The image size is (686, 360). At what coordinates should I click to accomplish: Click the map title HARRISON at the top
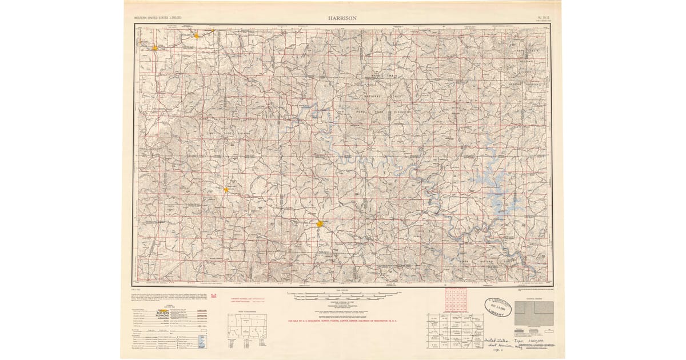[x=342, y=18]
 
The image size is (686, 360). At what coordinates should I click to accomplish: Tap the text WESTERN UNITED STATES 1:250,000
[x=158, y=18]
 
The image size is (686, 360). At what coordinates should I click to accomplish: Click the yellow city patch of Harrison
[x=320, y=224]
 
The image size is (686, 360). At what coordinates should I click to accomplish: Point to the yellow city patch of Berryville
[x=226, y=189]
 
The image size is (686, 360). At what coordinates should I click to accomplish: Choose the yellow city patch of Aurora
[x=196, y=35]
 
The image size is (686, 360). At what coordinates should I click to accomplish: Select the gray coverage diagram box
[x=534, y=313]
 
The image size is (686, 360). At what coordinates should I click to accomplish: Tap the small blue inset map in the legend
[x=201, y=341]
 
